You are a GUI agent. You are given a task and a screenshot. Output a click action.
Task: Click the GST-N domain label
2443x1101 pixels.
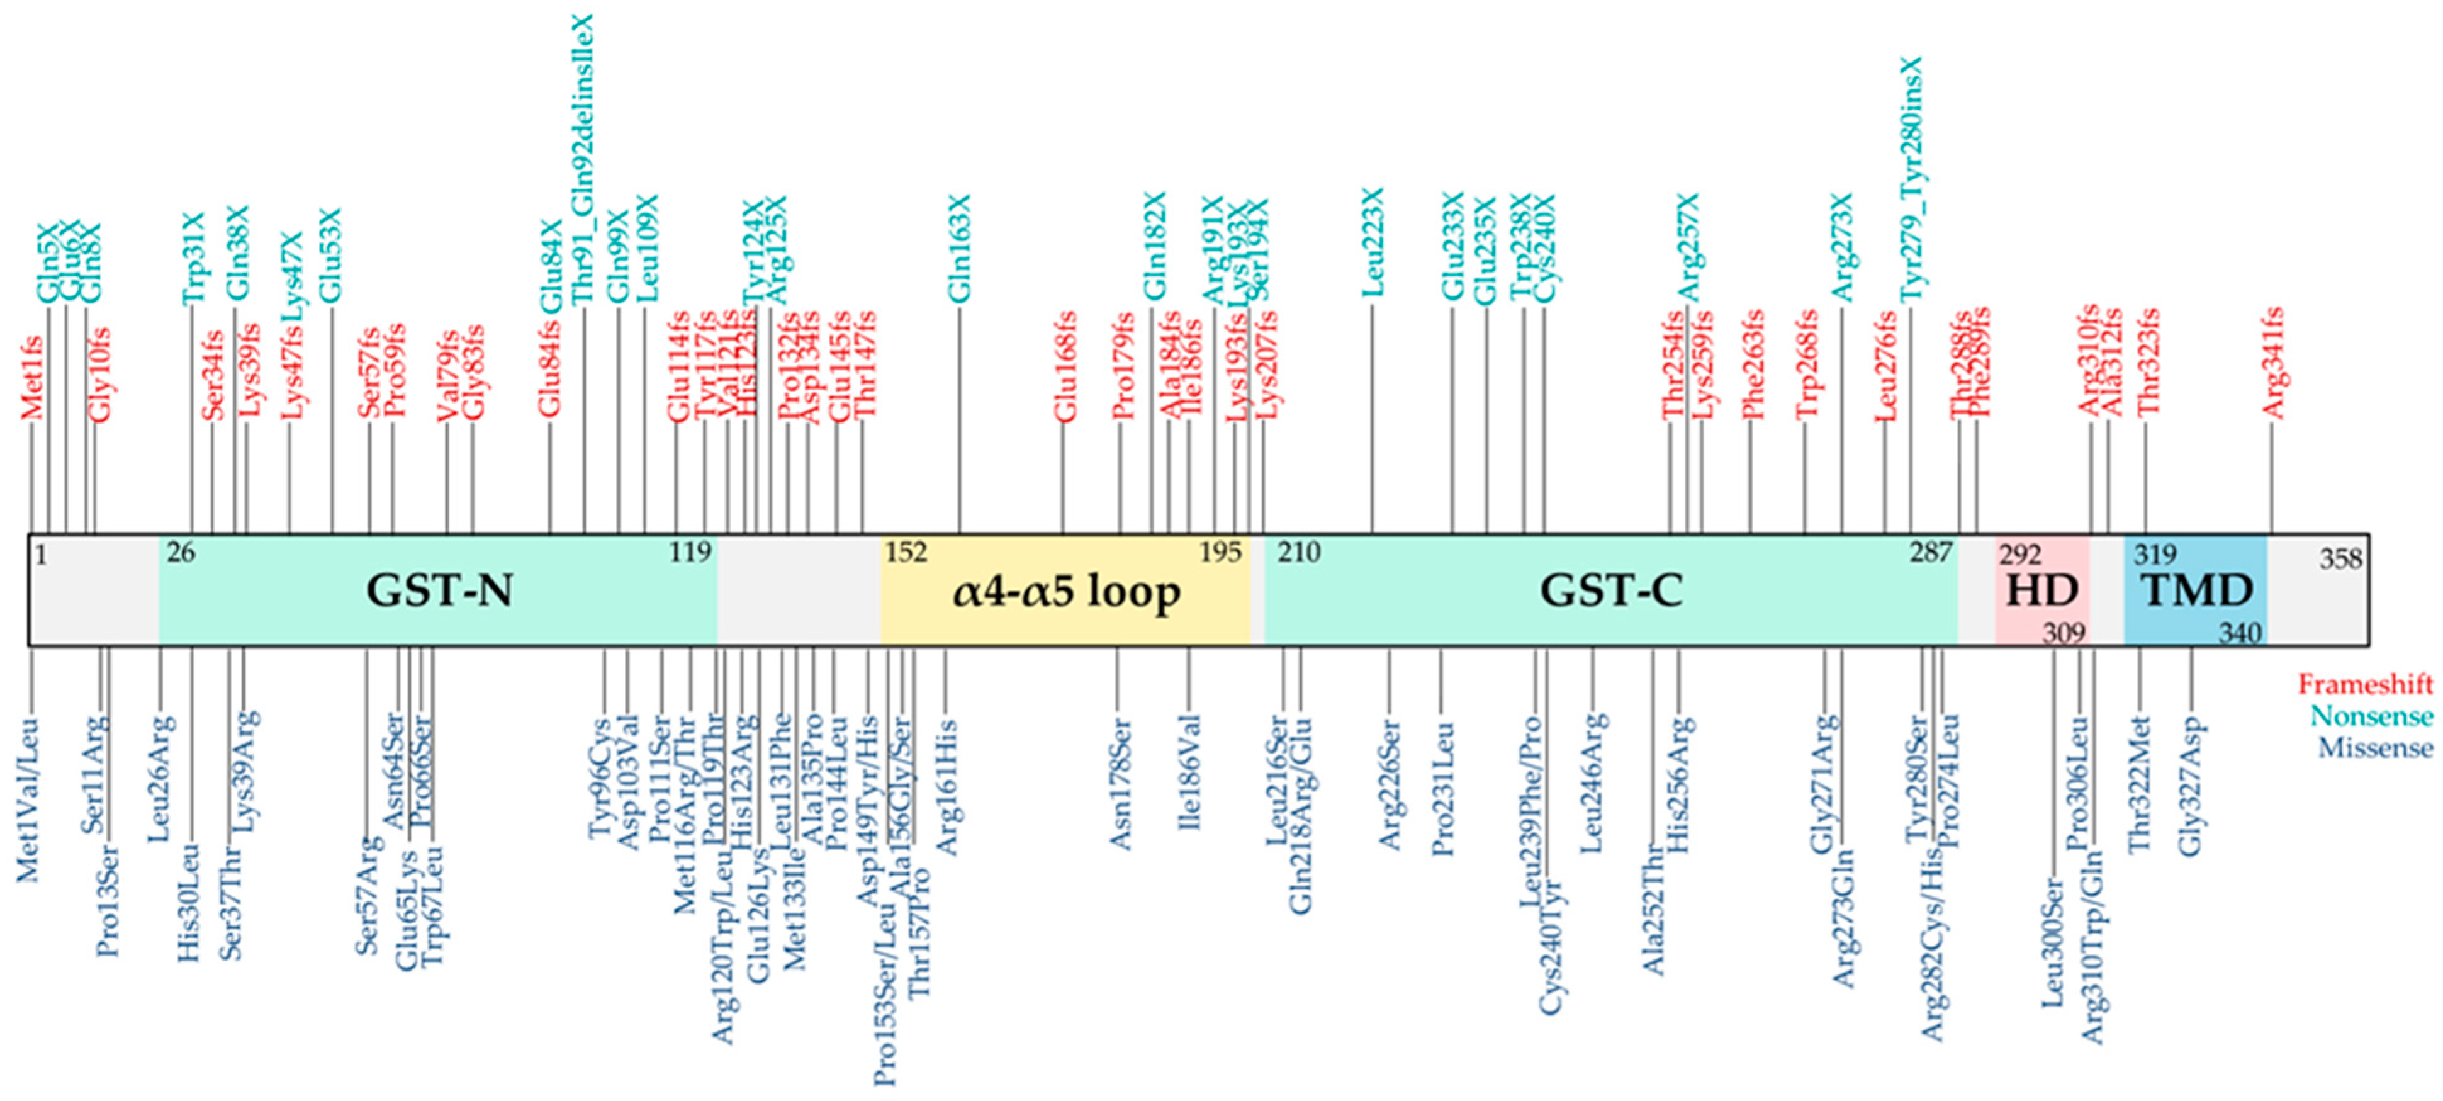tap(439, 592)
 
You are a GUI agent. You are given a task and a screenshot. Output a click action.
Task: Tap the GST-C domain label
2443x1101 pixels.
tap(1610, 592)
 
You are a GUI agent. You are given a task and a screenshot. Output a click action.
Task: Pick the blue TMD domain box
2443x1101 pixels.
tap(2196, 591)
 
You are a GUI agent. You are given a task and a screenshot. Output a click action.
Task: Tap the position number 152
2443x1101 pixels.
tap(906, 552)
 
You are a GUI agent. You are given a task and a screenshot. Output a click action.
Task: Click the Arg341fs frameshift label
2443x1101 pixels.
tap(2272, 364)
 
